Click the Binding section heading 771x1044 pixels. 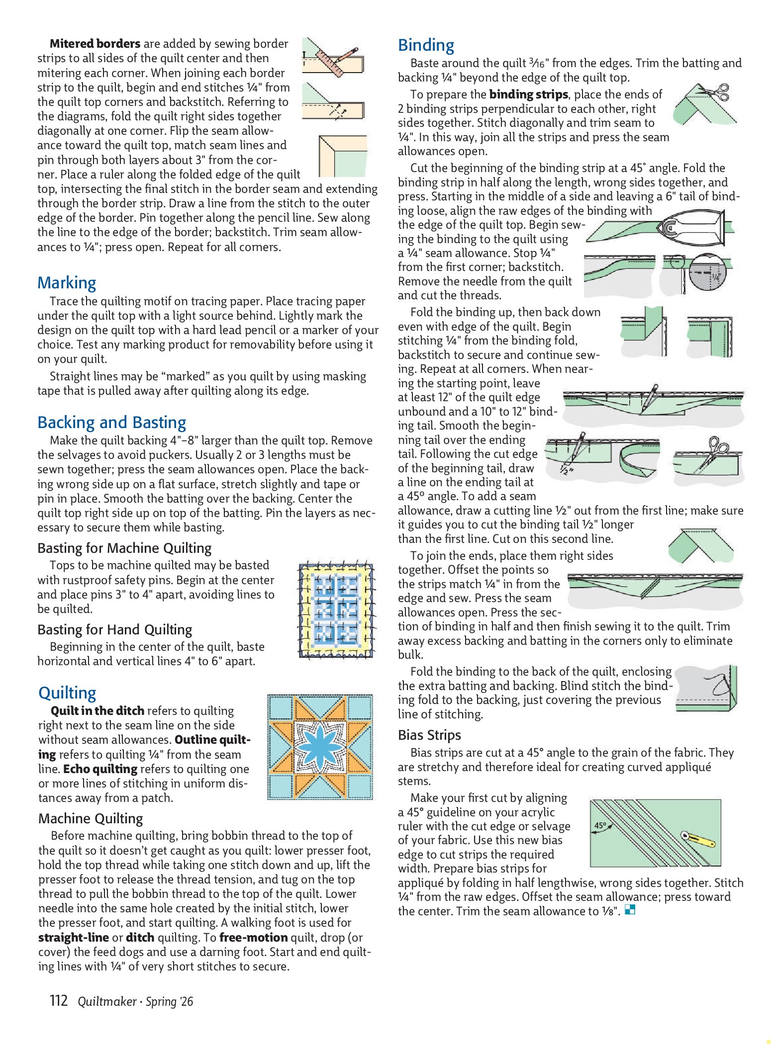click(x=426, y=45)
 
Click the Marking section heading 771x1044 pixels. click(x=67, y=283)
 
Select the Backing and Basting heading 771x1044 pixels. click(x=111, y=423)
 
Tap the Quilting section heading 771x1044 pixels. click(x=67, y=693)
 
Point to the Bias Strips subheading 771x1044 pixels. click(x=429, y=735)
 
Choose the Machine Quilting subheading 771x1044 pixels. click(x=91, y=819)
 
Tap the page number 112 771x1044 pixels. click(x=59, y=1000)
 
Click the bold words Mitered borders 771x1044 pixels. click(x=95, y=44)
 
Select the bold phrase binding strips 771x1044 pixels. click(x=528, y=94)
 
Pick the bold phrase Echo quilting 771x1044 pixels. click(x=100, y=769)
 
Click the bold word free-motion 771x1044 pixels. click(x=253, y=938)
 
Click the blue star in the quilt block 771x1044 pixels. click(x=320, y=746)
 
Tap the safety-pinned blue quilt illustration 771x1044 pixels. click(x=336, y=610)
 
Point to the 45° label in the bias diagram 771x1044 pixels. click(x=600, y=826)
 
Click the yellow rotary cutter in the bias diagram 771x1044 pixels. click(x=699, y=839)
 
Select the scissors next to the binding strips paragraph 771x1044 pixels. click(x=716, y=92)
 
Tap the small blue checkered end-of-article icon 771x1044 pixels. click(x=630, y=910)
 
